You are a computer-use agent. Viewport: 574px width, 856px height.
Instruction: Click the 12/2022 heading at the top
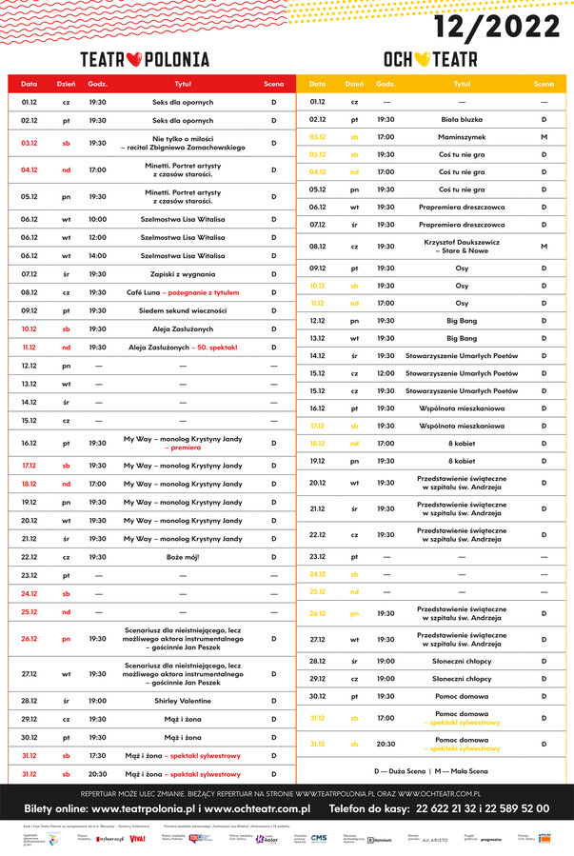497,24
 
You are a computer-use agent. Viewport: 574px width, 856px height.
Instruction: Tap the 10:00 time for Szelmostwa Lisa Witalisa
97,219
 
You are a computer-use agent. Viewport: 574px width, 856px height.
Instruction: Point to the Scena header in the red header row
273,84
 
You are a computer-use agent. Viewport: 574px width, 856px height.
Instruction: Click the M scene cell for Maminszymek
544,137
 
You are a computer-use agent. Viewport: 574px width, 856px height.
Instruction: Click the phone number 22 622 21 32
467,808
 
